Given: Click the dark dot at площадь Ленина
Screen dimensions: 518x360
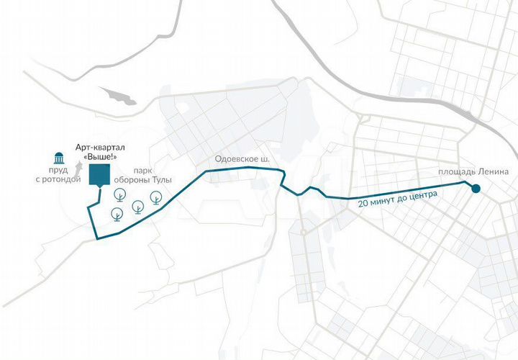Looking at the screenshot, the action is (x=475, y=189).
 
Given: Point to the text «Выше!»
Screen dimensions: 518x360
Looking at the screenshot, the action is (x=99, y=157).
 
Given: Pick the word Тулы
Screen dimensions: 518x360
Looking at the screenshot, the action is (x=162, y=179).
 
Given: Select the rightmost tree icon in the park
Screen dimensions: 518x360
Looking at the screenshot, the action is (x=155, y=197).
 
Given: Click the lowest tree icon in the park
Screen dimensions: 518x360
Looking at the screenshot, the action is (x=117, y=214).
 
